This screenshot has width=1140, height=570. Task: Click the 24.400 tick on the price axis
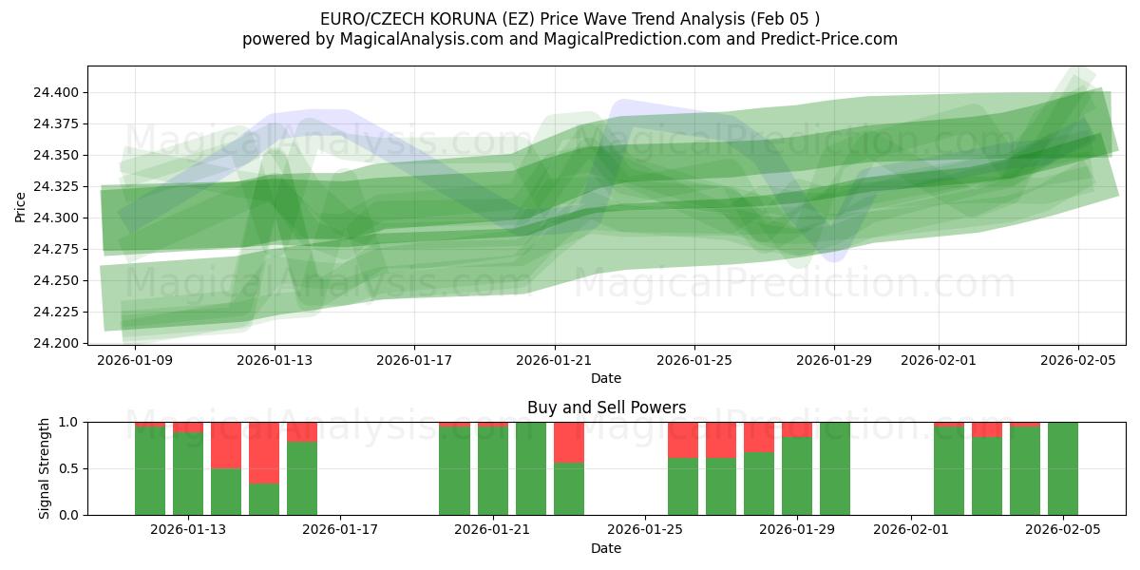pos(60,92)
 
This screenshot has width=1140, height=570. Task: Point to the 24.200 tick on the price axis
pos(60,343)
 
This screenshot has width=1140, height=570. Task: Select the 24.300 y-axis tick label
pos(60,218)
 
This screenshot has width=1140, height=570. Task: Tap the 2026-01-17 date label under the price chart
pos(414,360)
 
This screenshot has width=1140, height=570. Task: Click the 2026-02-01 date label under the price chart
pos(938,360)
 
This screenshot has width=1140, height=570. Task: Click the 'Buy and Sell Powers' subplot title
pos(606,408)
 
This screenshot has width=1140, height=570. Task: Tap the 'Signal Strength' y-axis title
pos(44,468)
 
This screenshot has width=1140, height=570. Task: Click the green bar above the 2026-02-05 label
pos(1062,468)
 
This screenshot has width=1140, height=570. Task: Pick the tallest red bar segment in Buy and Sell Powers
pos(264,452)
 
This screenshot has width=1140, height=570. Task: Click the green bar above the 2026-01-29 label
pos(797,476)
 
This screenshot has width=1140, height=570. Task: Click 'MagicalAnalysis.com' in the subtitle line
pos(413,39)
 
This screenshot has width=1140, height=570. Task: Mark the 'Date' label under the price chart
pos(606,378)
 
